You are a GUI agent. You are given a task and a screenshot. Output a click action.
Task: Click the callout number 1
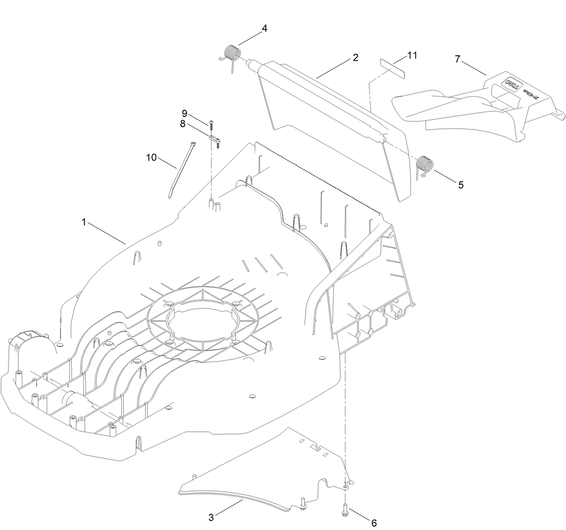click(83, 222)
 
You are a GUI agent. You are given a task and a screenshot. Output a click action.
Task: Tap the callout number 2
click(355, 58)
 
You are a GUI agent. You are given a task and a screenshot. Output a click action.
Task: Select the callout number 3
click(211, 517)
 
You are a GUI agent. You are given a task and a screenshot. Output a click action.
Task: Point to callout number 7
click(458, 59)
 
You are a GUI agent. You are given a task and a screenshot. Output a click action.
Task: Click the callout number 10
click(151, 157)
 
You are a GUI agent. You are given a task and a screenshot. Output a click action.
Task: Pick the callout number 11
click(412, 55)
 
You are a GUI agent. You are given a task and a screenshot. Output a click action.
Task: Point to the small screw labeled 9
click(211, 123)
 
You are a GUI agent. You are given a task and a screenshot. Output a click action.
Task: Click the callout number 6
click(373, 523)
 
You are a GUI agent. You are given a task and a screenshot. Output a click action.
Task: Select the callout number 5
click(461, 184)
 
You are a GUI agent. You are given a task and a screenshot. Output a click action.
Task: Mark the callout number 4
click(265, 28)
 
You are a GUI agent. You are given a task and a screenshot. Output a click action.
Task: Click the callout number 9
click(184, 113)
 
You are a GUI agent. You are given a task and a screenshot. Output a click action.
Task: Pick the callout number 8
click(183, 124)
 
